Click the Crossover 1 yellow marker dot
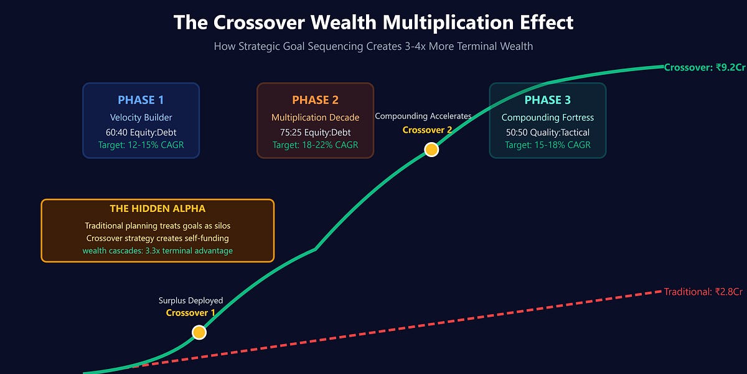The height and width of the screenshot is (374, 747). click(199, 332)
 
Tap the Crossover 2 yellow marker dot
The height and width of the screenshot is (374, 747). click(431, 150)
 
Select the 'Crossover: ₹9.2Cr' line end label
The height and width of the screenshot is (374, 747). click(704, 67)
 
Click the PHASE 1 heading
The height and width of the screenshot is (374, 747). click(141, 100)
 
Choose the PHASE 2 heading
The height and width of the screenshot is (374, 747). click(315, 100)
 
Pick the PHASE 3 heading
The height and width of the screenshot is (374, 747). click(547, 100)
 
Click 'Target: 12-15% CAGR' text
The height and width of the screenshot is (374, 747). click(141, 145)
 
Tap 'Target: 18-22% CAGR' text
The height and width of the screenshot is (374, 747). click(315, 145)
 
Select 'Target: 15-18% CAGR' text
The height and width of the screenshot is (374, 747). click(547, 145)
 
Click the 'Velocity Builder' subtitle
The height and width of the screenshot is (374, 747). click(141, 118)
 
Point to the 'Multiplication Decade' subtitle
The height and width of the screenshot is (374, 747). click(315, 118)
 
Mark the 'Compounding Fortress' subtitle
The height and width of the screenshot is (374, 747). click(547, 118)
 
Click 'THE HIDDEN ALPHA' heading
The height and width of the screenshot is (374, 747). click(157, 209)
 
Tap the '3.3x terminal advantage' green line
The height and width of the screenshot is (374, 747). click(157, 251)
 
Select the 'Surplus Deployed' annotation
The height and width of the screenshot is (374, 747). click(190, 300)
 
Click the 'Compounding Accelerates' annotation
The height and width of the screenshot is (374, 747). click(423, 117)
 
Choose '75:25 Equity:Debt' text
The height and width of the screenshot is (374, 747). click(315, 132)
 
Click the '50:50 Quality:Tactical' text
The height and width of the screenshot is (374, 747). click(547, 132)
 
